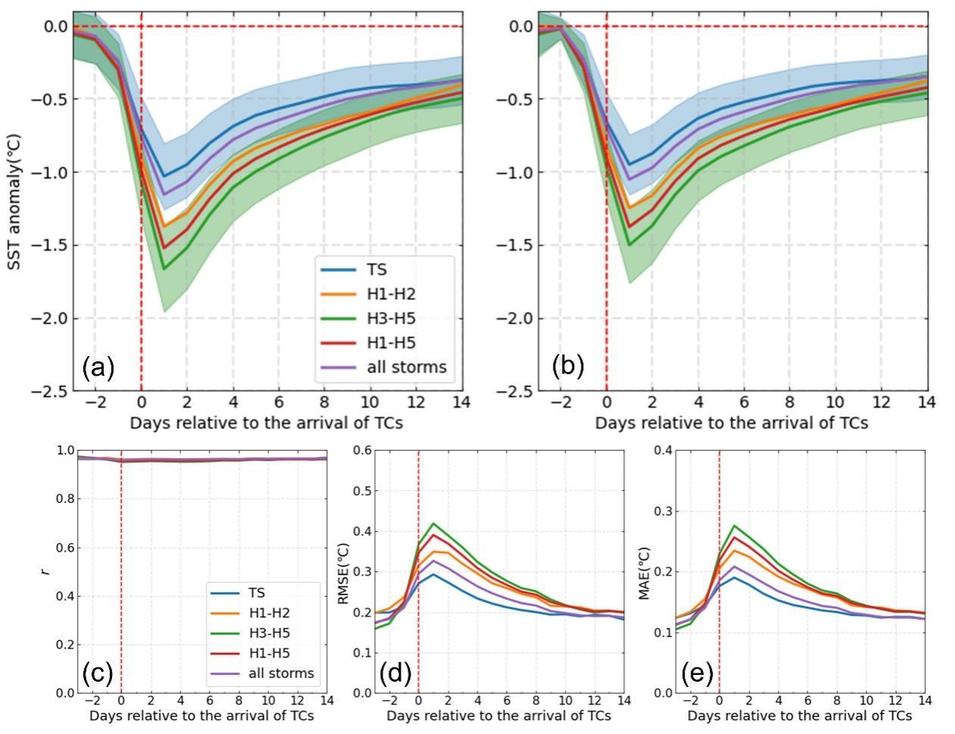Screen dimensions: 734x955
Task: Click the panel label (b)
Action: click(568, 365)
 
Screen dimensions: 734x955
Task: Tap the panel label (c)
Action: click(98, 673)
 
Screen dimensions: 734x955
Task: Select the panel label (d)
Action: click(395, 673)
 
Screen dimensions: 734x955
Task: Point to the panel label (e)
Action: click(695, 673)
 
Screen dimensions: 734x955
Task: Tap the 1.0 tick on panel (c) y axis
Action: click(66, 450)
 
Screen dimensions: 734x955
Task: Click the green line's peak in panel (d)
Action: click(433, 523)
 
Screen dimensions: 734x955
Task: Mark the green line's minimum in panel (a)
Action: click(164, 268)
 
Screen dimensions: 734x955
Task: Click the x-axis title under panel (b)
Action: click(731, 422)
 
